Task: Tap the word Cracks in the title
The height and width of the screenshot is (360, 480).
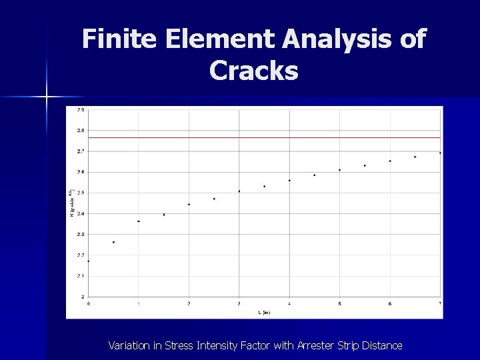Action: click(x=253, y=69)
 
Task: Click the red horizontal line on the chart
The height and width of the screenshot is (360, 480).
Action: click(x=267, y=137)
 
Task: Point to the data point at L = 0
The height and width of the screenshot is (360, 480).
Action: click(x=89, y=261)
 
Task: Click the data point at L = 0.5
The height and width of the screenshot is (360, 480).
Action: click(x=113, y=242)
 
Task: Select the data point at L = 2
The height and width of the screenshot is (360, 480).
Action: click(x=189, y=204)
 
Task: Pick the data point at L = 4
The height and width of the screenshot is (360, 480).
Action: click(x=289, y=180)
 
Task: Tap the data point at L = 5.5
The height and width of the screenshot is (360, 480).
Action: click(x=365, y=165)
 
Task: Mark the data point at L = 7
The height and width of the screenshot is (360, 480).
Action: click(x=440, y=153)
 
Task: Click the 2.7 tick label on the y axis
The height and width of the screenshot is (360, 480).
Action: click(x=81, y=151)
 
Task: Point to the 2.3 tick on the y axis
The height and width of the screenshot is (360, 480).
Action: click(x=81, y=234)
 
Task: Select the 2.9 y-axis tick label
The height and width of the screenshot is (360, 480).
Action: click(x=81, y=109)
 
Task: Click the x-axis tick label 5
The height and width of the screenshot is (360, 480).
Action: click(x=339, y=304)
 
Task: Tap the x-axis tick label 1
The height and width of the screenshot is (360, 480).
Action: click(x=139, y=304)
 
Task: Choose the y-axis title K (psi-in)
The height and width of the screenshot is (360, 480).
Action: click(x=72, y=202)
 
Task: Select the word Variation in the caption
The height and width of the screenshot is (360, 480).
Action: click(x=131, y=345)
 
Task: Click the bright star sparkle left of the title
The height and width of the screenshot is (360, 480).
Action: click(x=47, y=97)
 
